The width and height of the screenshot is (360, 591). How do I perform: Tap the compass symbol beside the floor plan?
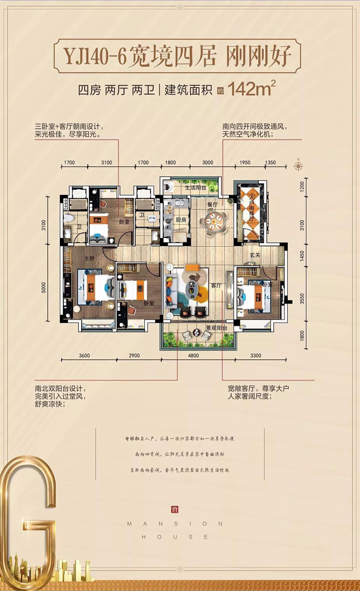click(298, 166)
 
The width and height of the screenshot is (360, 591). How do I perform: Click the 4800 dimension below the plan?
click(193, 356)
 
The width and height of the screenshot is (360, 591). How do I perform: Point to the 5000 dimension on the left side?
click(44, 287)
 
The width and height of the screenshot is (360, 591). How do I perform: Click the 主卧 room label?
click(89, 258)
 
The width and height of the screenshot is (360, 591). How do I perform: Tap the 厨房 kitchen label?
click(181, 220)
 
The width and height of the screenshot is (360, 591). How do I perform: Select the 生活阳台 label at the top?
click(195, 188)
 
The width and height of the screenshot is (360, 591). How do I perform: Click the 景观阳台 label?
click(216, 328)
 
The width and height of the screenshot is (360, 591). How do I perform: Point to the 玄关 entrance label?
click(255, 255)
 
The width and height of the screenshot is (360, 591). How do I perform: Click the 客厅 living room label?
click(216, 285)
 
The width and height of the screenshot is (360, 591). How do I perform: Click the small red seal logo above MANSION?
click(175, 510)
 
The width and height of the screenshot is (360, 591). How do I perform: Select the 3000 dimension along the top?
click(207, 163)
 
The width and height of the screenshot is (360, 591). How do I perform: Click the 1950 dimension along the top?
click(245, 163)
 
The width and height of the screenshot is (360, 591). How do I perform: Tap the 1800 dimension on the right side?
click(302, 335)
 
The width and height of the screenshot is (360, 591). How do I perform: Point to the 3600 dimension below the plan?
click(84, 356)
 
